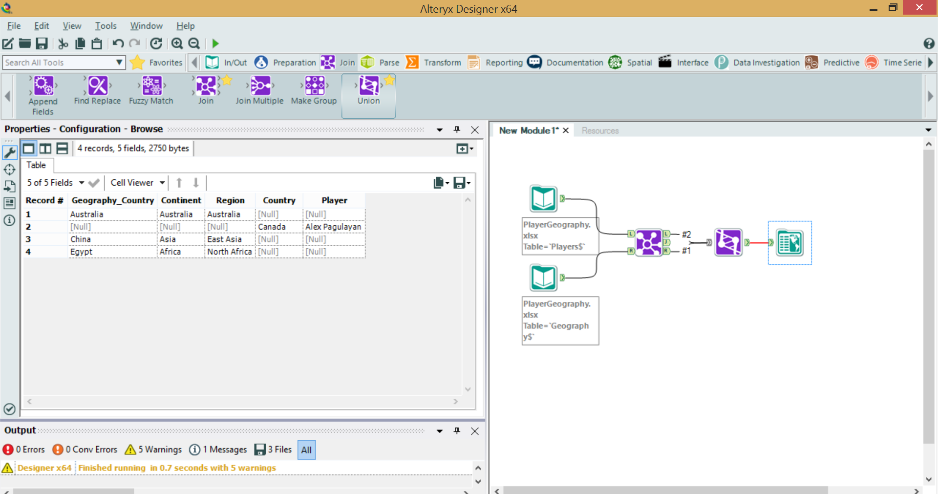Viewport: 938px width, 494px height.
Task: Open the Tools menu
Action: point(106,26)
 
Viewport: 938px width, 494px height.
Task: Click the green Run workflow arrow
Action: point(215,43)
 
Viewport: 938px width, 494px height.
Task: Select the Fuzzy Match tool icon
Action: point(151,86)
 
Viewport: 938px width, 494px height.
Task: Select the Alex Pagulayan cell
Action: point(334,227)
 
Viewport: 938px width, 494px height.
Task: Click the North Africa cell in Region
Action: point(229,252)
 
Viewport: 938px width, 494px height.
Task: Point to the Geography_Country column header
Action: point(113,200)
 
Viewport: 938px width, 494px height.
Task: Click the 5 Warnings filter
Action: point(153,450)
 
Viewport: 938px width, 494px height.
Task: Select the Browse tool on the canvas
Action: point(789,243)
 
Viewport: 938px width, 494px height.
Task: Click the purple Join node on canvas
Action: point(649,242)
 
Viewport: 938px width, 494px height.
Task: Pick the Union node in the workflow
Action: point(728,242)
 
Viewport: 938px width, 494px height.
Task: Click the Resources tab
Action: point(600,130)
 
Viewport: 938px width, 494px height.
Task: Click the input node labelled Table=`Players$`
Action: point(543,198)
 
